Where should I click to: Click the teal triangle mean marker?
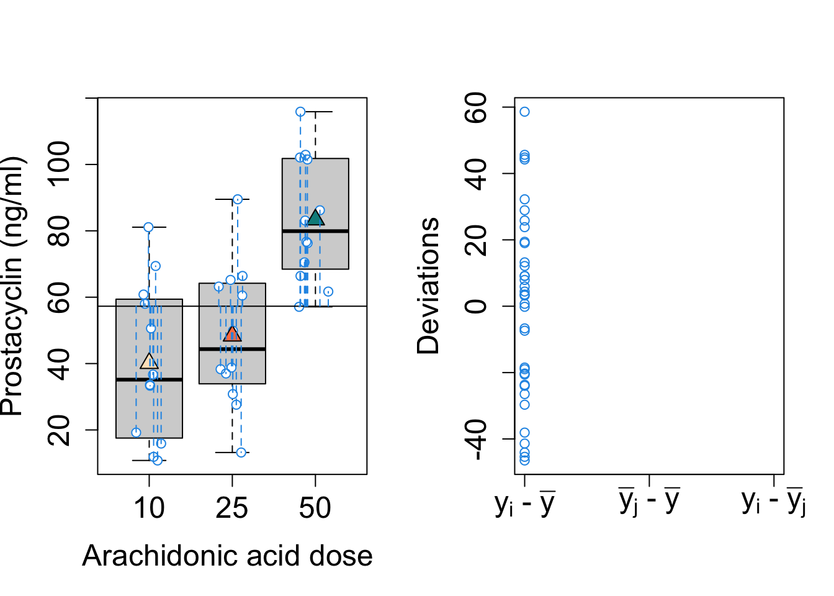315,218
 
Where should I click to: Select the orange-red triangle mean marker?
232,334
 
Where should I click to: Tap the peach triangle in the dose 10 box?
149,361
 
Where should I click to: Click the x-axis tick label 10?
149,508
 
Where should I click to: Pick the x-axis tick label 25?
232,508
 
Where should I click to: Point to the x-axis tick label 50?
315,508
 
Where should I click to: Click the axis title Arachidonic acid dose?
227,556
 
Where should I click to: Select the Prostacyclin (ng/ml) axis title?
12,286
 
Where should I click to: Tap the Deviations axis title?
428,286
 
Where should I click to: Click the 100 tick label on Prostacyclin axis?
60,164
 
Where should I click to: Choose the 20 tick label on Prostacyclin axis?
60,430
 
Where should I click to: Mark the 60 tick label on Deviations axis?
477,107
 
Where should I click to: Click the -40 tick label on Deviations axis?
477,439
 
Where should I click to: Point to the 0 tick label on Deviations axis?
477,306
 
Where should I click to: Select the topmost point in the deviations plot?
524,112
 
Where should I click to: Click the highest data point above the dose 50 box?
300,112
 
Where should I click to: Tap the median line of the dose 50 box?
315,231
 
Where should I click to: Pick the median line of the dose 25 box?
232,349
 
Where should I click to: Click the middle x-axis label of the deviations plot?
649,502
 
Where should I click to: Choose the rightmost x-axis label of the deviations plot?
774,502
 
